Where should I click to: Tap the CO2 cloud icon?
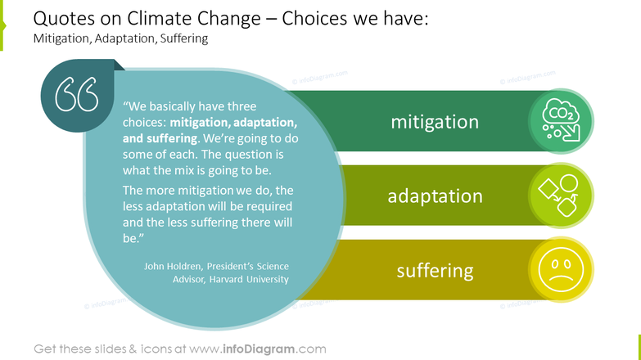click(561, 121)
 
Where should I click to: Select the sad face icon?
click(561, 270)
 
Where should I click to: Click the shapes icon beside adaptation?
click(561, 196)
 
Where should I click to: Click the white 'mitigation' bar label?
click(434, 122)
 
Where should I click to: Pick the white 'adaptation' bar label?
click(434, 196)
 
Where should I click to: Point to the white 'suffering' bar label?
click(434, 270)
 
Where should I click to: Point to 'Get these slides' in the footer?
click(80, 349)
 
